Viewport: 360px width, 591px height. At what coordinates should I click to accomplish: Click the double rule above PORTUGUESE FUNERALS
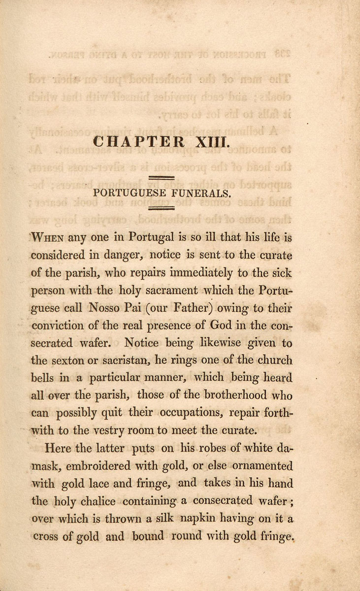[162, 177]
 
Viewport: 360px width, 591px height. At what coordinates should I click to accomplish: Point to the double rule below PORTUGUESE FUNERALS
[162, 208]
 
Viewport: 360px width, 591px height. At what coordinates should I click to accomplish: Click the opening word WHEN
[48, 238]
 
